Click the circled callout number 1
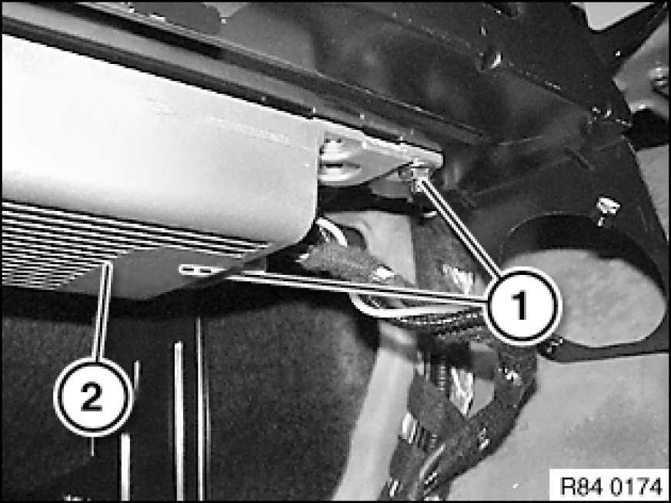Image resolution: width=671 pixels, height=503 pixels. pos(521,306)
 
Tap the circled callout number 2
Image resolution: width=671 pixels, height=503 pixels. pos(92,397)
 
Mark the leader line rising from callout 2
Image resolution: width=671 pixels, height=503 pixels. pos(102,311)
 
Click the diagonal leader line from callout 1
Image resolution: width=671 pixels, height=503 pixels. pos(459,228)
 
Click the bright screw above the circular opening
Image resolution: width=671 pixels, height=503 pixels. pos(607,210)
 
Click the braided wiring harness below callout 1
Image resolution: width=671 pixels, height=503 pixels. pos(466,386)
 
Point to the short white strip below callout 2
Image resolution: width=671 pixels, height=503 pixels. pos(125,466)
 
